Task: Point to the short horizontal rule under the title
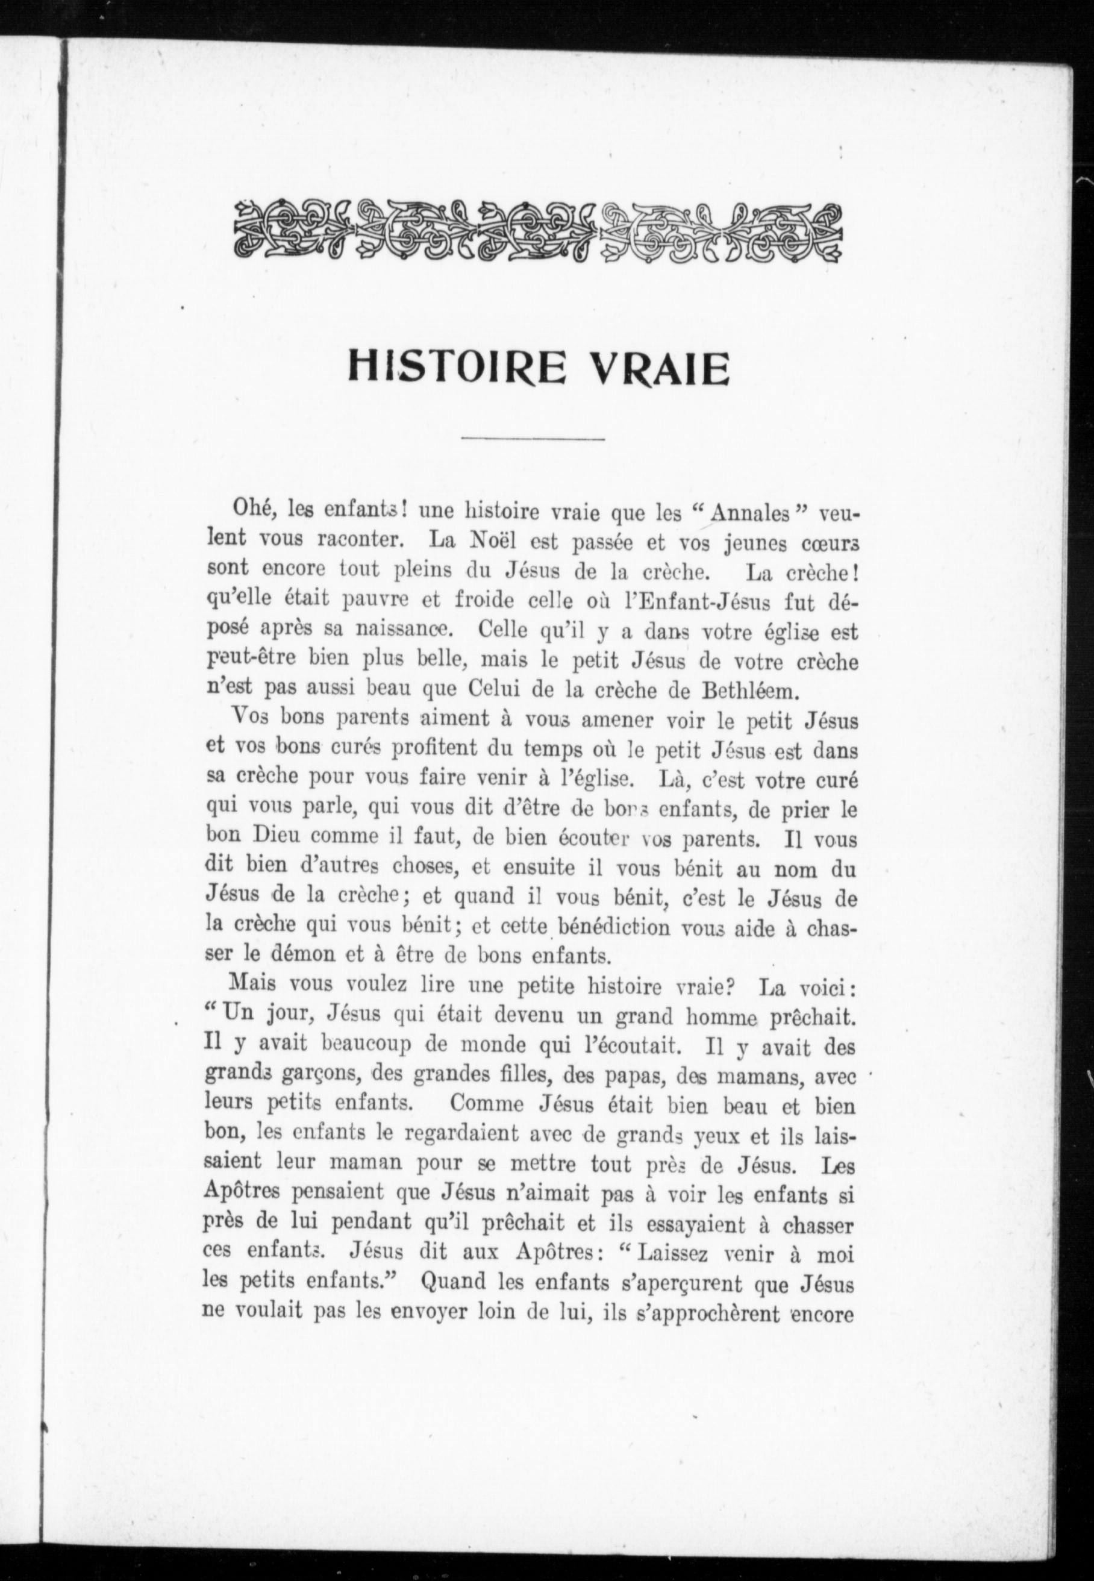533,438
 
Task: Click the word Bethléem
757,690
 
